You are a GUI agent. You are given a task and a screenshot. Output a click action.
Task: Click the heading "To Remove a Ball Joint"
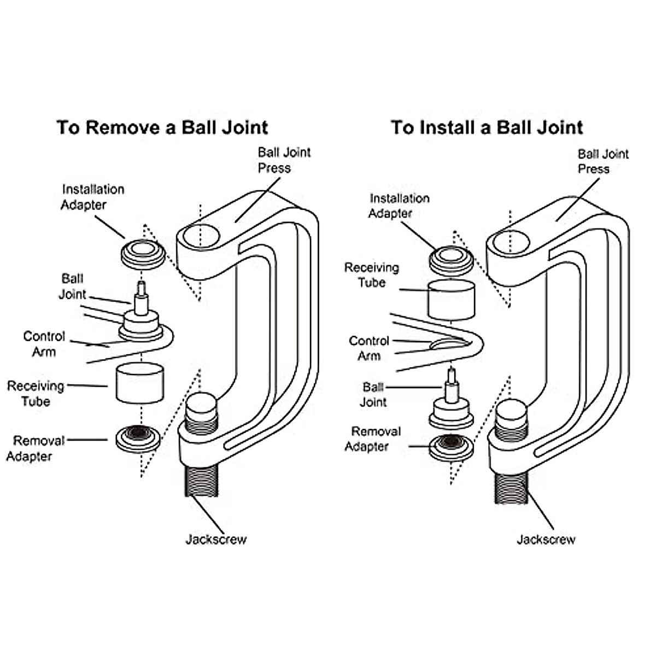[162, 127]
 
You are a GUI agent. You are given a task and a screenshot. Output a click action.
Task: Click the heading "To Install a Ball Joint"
[487, 127]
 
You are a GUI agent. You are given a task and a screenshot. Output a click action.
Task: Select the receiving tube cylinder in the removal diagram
[140, 384]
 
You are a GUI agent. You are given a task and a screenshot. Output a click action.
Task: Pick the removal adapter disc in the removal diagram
[139, 438]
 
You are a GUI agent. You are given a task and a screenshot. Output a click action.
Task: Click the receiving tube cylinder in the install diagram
[451, 300]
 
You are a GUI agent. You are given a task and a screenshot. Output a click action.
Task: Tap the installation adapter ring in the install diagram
[451, 260]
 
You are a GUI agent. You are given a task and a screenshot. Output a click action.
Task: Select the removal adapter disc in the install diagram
[451, 446]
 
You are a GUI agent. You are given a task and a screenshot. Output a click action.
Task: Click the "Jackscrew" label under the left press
[216, 540]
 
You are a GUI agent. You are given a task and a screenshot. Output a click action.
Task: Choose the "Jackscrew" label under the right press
[546, 540]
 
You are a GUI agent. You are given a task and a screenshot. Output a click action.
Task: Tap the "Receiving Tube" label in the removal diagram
[36, 394]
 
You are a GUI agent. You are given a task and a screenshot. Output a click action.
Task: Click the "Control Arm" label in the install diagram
[369, 348]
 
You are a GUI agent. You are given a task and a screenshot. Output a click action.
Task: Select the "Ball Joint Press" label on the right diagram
[603, 161]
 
